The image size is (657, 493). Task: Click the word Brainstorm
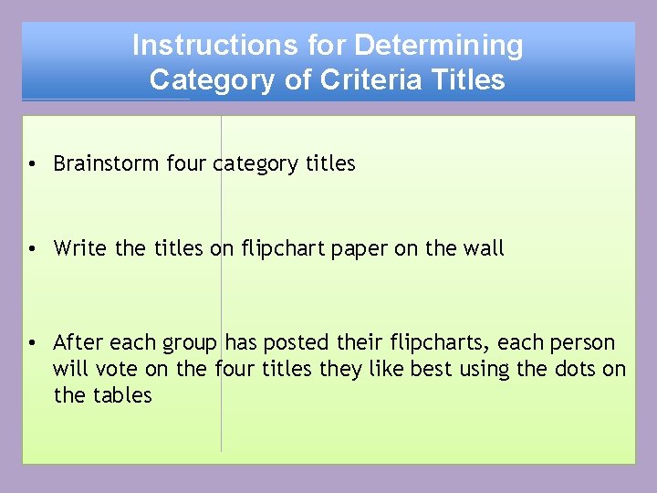click(107, 163)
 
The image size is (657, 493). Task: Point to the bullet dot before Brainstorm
click(31, 164)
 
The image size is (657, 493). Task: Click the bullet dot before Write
click(31, 248)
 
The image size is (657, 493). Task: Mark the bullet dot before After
click(31, 343)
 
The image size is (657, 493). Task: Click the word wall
click(483, 247)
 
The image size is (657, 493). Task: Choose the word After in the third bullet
click(78, 342)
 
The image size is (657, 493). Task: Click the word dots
click(577, 369)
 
